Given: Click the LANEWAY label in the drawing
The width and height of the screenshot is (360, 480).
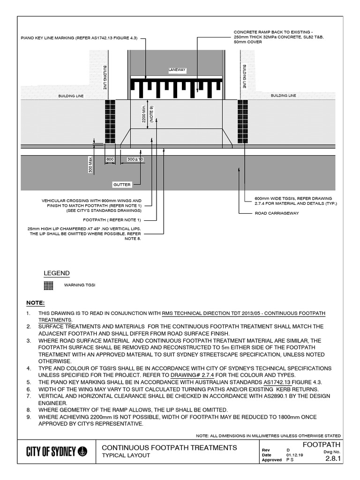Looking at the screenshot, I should coord(178,70).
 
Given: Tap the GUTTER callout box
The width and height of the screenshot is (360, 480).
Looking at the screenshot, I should coord(122,185).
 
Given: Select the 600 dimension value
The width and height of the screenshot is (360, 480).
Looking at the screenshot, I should coord(110,160).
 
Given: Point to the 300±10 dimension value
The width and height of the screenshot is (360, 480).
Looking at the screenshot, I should coord(135,160).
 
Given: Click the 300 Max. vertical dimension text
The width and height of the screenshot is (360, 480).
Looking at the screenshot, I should coord(90,165).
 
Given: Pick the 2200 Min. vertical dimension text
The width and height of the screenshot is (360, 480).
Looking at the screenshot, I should coord(144,114).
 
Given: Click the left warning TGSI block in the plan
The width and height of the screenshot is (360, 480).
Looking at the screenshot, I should coord(110,121).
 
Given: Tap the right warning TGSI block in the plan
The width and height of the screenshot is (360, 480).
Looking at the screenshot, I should coord(243,121).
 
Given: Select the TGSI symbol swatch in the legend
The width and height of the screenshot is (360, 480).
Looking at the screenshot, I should coord(48,285).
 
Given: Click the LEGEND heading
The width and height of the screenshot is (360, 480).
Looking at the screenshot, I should coord(57,273).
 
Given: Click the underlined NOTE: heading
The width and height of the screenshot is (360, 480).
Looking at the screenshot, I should coord(35,303).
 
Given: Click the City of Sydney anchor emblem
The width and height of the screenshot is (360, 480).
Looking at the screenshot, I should coord(82,451).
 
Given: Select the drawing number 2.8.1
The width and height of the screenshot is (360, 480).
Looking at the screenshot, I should coord(333,460).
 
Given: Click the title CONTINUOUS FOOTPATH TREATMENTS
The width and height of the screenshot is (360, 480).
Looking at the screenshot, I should coord(169,448).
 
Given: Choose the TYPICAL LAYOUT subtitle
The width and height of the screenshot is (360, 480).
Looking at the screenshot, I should coord(126,456).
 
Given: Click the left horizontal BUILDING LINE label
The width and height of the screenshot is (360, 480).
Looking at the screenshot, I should coord(70,96).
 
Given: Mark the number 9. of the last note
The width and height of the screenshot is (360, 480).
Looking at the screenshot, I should coord(29,417).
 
